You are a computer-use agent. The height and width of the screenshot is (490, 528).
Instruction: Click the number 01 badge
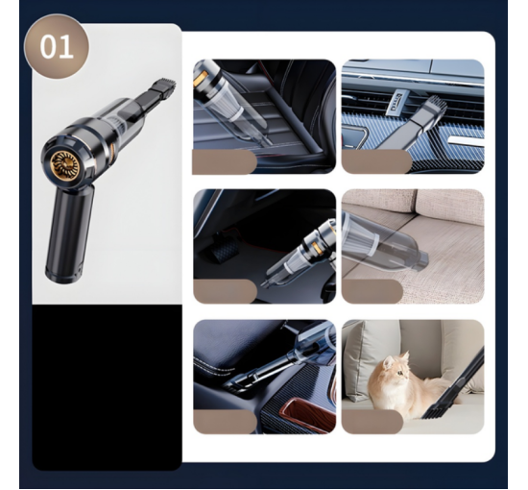(57, 46)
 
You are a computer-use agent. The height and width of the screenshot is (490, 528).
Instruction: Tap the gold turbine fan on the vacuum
(64, 166)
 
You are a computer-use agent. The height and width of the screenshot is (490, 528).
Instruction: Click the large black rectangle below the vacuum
(108, 387)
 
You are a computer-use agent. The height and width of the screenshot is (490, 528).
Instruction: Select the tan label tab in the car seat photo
(225, 162)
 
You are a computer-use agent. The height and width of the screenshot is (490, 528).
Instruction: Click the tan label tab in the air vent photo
(376, 161)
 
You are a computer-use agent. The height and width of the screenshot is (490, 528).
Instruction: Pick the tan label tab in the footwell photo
(225, 291)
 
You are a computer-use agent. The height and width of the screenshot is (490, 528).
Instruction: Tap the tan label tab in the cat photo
(372, 422)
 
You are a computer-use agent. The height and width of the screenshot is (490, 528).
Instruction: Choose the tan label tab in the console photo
(225, 422)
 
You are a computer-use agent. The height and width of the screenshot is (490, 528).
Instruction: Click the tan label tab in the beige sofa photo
(372, 291)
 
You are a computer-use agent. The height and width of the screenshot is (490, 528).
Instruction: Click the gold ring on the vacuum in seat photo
(200, 80)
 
